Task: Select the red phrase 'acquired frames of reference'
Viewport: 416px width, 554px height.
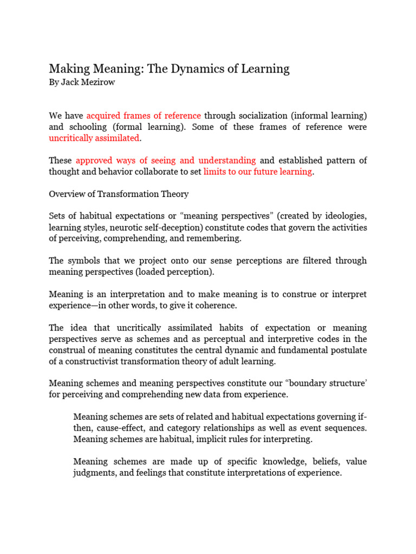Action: (x=144, y=116)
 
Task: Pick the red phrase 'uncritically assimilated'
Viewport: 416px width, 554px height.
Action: (x=94, y=138)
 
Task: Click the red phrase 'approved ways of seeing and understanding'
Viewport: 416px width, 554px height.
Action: (x=166, y=160)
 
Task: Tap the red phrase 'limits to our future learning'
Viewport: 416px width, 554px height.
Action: (x=258, y=172)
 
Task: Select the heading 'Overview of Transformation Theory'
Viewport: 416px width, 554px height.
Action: (x=119, y=194)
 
